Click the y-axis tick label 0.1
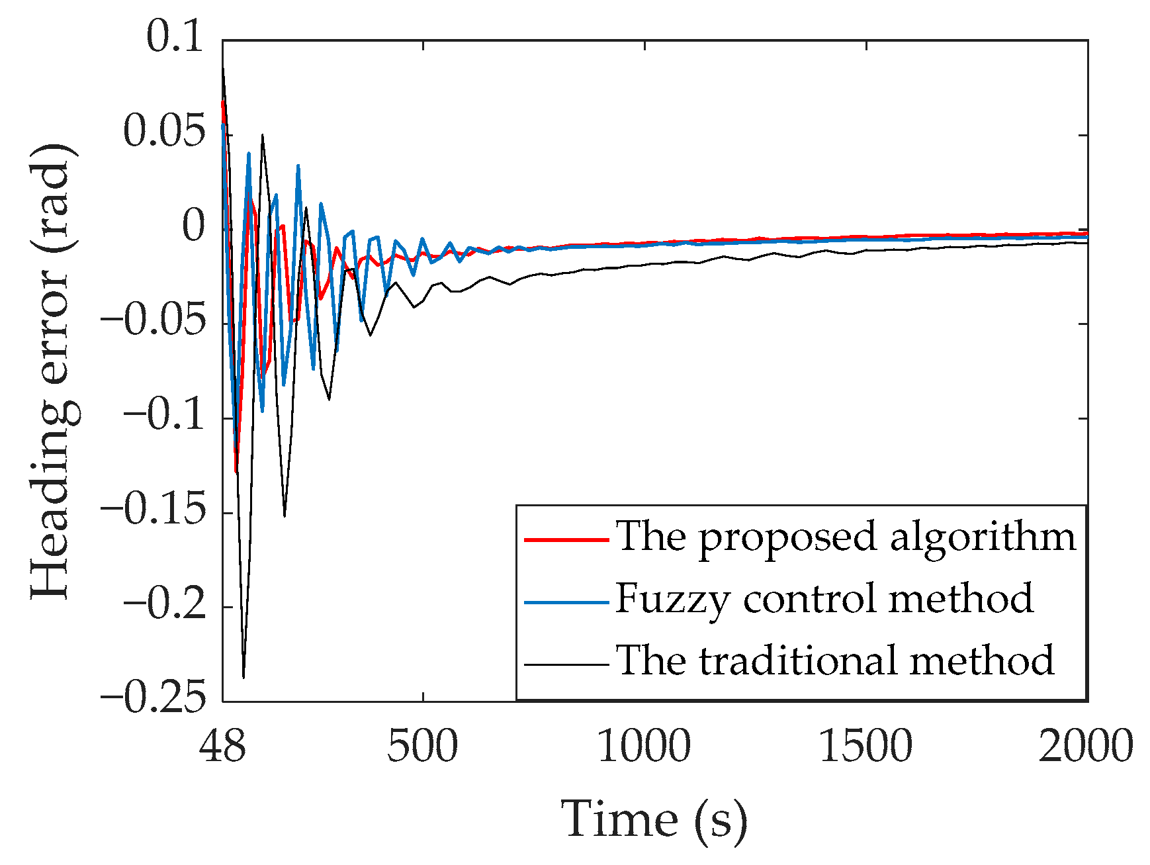click(175, 37)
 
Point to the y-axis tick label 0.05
click(164, 132)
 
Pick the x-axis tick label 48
click(223, 746)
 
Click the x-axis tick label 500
click(422, 746)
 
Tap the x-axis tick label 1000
click(644, 746)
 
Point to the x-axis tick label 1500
click(865, 746)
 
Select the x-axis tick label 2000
click(1086, 746)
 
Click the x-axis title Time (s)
click(654, 820)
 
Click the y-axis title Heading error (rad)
click(53, 371)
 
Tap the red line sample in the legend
click(566, 540)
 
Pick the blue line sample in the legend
click(566, 602)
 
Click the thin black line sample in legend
click(566, 664)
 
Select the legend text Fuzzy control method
click(824, 600)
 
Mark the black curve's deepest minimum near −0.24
click(243, 677)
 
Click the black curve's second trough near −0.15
click(285, 516)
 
